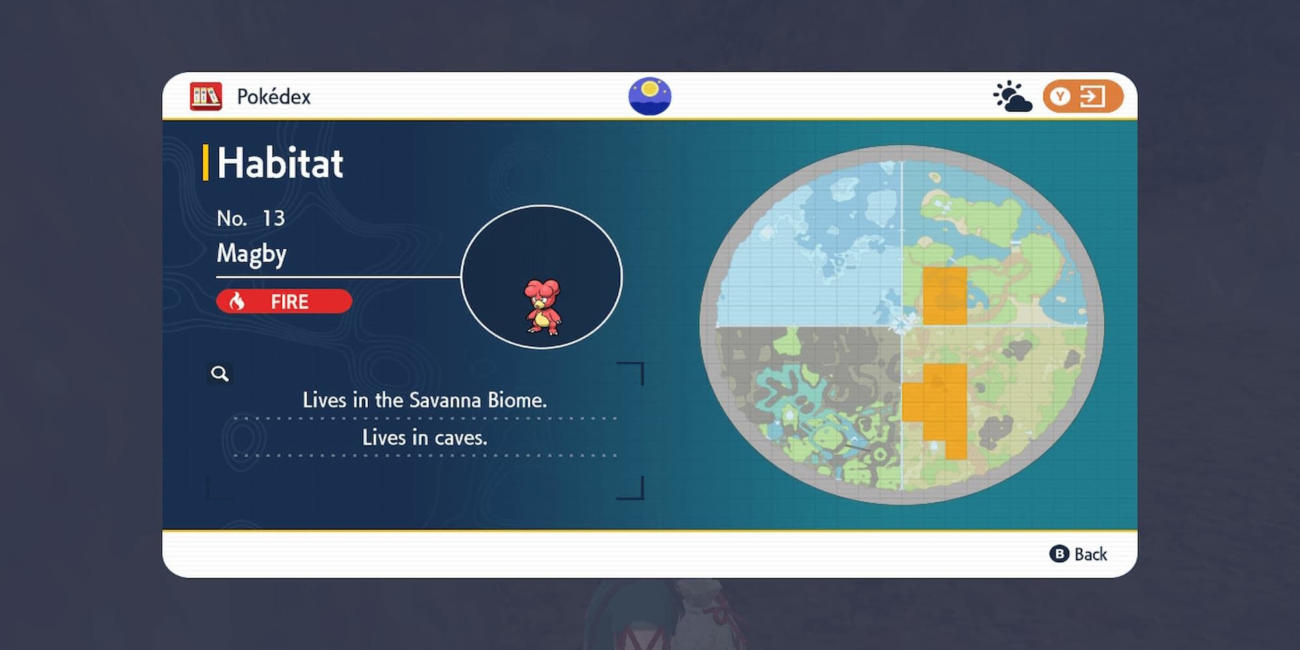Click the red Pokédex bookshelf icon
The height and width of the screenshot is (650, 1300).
pyautogui.click(x=205, y=97)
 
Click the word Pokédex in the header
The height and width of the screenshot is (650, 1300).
pyautogui.click(x=274, y=97)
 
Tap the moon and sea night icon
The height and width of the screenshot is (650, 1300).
pyautogui.click(x=649, y=97)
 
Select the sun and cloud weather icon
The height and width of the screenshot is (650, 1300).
pyautogui.click(x=1012, y=97)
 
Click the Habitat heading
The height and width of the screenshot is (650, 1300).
pyautogui.click(x=279, y=162)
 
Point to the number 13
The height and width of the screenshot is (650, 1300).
pyautogui.click(x=274, y=218)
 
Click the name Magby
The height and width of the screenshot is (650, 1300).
pyautogui.click(x=252, y=253)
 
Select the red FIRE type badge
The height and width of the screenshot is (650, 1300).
pyautogui.click(x=284, y=302)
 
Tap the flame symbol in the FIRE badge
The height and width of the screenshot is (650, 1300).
pyautogui.click(x=237, y=302)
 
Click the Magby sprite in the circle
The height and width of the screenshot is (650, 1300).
pyautogui.click(x=542, y=307)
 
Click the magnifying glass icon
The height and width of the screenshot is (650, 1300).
pyautogui.click(x=220, y=374)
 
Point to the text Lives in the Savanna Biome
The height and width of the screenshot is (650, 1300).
pyautogui.click(x=424, y=400)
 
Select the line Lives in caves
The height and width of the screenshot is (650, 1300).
pyautogui.click(x=424, y=437)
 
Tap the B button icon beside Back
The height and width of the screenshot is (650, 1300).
pyautogui.click(x=1059, y=554)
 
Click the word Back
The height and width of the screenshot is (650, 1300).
pyautogui.click(x=1091, y=554)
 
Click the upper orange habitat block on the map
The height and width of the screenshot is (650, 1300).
pyautogui.click(x=944, y=296)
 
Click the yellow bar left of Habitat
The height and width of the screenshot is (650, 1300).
pyautogui.click(x=205, y=162)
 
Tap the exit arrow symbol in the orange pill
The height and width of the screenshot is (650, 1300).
pyautogui.click(x=1091, y=97)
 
